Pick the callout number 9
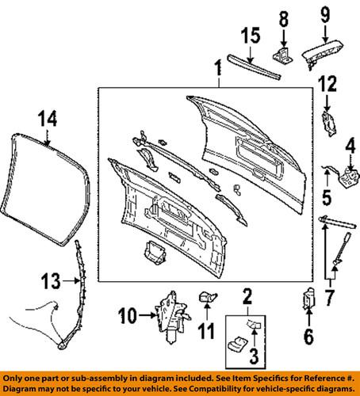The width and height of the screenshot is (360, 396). click(324, 14)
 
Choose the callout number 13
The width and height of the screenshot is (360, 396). click(50, 280)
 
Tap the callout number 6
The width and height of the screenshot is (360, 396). click(308, 337)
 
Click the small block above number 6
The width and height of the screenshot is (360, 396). click(308, 301)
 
